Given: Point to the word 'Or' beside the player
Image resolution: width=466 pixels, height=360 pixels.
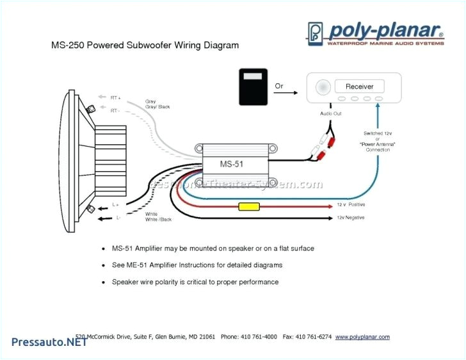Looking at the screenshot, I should point(279,85).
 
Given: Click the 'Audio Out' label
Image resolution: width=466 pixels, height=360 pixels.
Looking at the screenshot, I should point(330,113).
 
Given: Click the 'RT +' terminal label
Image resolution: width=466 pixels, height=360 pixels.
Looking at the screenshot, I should point(115,97).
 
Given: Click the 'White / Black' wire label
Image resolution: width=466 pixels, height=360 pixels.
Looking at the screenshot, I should point(159,219).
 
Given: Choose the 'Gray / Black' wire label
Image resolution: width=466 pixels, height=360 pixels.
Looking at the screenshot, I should point(157,107).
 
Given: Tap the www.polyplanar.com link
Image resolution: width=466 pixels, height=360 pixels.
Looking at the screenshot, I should point(362,336).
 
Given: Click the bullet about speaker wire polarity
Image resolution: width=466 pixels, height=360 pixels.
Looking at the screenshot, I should point(195,282).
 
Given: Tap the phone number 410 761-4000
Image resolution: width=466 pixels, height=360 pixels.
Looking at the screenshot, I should point(258,336).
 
